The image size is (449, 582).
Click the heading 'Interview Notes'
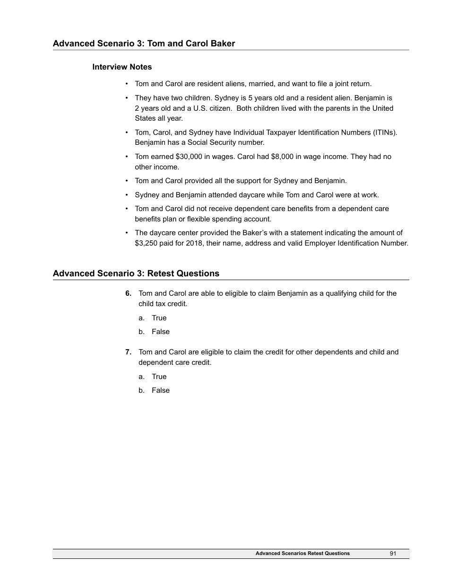click(x=122, y=67)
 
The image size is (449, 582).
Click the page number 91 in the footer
click(x=393, y=553)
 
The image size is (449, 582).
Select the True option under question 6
click(x=159, y=318)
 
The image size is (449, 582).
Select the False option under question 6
click(x=160, y=332)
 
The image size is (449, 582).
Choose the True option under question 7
click(x=159, y=377)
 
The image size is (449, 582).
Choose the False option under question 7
click(x=160, y=390)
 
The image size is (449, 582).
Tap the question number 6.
click(x=128, y=293)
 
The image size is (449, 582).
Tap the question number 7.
click(x=128, y=352)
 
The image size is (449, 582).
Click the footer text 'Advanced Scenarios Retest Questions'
click(x=302, y=553)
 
